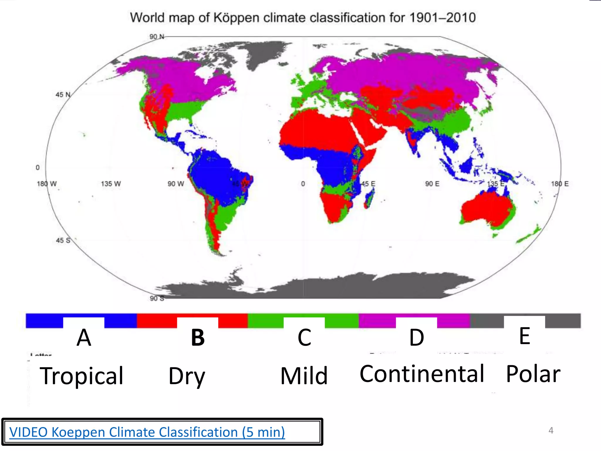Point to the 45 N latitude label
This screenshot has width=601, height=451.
[x=63, y=95]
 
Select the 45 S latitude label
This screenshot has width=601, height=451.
[x=63, y=240]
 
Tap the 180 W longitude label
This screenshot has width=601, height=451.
[x=46, y=184]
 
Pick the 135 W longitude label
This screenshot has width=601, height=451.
[x=111, y=184]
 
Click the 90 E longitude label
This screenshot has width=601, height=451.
[x=432, y=184]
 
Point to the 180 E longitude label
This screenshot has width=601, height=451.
[x=560, y=184]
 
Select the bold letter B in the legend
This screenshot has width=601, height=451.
[x=198, y=337]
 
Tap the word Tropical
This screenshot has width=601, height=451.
[x=82, y=376]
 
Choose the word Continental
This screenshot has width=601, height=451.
[x=422, y=374]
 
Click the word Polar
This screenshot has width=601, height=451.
[x=533, y=374]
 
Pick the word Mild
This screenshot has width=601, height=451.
[x=304, y=376]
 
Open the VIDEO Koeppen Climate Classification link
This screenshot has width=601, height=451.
[x=147, y=432]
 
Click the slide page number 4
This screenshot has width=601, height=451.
[x=551, y=430]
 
